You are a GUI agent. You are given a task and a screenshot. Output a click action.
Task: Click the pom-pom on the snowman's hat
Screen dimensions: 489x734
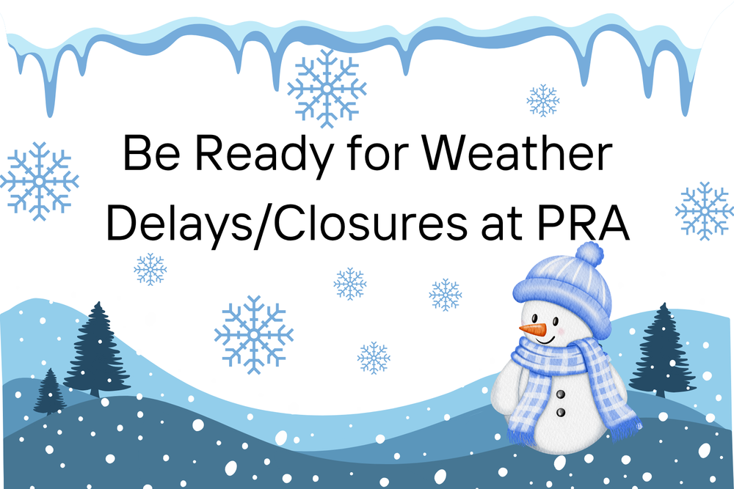pyautogui.click(x=589, y=254)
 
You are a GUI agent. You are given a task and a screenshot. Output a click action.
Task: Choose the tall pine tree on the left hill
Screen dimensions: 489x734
pyautogui.click(x=97, y=348)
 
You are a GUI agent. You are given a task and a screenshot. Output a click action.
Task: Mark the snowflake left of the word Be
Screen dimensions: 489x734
pyautogui.click(x=38, y=180)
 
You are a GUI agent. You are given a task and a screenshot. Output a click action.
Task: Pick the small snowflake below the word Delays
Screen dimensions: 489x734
pyautogui.click(x=150, y=269)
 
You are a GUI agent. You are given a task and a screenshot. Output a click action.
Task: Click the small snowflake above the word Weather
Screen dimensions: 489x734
pyautogui.click(x=543, y=100)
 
